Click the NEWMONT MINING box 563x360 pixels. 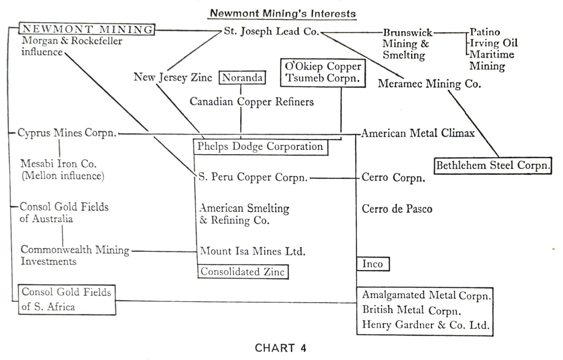(87, 29)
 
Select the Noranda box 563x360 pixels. (242, 78)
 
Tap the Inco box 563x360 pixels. (373, 264)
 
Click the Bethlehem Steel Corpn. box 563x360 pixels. (492, 165)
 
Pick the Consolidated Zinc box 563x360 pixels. (243, 272)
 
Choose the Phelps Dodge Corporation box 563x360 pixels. (260, 147)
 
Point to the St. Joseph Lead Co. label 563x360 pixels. (271, 32)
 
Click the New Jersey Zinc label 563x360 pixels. (173, 77)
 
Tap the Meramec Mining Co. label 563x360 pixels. (429, 84)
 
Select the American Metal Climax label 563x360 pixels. (417, 133)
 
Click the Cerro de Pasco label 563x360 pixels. (397, 209)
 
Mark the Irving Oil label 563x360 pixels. (493, 43)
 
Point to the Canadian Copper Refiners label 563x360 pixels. (252, 102)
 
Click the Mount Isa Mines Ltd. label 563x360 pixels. (253, 251)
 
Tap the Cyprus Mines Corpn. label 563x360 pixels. (67, 133)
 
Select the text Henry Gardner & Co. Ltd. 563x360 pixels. (425, 325)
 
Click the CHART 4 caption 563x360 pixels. (281, 348)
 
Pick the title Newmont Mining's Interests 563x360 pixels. (283, 14)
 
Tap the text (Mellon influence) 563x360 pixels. (63, 176)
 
